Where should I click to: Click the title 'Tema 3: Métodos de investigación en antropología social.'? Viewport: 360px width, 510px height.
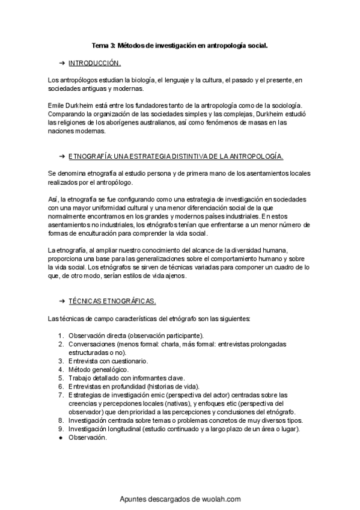[x=179, y=45]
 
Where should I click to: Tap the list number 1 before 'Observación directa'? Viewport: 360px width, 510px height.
[x=61, y=335]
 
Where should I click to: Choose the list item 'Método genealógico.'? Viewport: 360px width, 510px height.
[x=98, y=369]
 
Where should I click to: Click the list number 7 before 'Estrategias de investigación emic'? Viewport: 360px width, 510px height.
[x=61, y=395]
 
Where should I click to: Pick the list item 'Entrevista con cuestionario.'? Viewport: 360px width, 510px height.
[x=108, y=360]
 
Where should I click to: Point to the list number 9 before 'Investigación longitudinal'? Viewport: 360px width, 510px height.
[x=61, y=429]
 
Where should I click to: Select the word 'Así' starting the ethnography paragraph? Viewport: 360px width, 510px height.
[x=52, y=198]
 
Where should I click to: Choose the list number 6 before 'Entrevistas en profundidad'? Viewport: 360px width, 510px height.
[x=61, y=386]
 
